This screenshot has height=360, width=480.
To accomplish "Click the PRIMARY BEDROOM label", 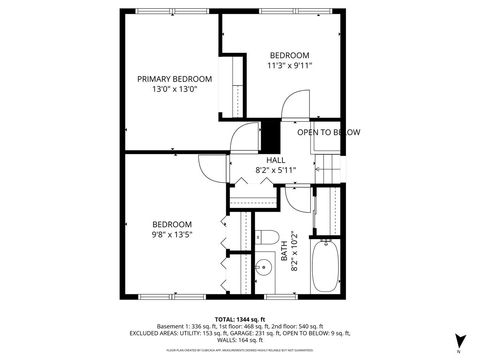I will [x=175, y=79].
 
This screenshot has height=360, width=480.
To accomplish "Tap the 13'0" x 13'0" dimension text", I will [x=175, y=89].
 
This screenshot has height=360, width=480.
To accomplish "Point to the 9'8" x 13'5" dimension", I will [x=171, y=234].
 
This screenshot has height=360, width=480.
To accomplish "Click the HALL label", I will [x=275, y=160].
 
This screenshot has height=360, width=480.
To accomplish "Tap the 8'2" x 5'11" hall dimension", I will [x=275, y=170].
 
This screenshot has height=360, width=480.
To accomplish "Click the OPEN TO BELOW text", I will [x=328, y=132].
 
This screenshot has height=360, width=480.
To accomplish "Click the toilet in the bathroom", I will [x=266, y=237].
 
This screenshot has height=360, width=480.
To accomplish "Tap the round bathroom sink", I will [x=265, y=267].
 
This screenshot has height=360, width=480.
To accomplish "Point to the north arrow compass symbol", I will [x=457, y=341].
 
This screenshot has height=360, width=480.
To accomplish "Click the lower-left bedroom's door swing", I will [x=212, y=171].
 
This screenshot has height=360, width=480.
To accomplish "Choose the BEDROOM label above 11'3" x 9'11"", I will [x=289, y=55].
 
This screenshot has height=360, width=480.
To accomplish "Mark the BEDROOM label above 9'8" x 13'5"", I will [x=171, y=224].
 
